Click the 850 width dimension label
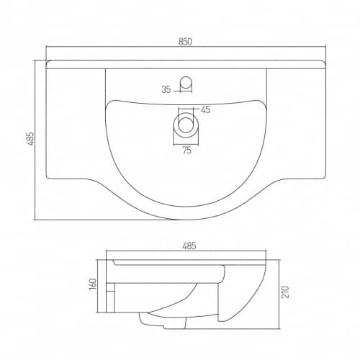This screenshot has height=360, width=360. point(185,42)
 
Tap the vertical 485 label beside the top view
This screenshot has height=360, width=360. point(30,138)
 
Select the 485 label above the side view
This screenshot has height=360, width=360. point(189,246)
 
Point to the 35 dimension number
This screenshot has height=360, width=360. point(166,90)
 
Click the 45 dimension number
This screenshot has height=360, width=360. point(205,109)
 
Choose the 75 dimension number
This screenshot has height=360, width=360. point(186,150)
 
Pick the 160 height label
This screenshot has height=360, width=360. point(93,284)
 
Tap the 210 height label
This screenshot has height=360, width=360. point(285,292)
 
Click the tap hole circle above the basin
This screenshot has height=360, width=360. point(186,81)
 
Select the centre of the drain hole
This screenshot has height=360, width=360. point(186,125)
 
